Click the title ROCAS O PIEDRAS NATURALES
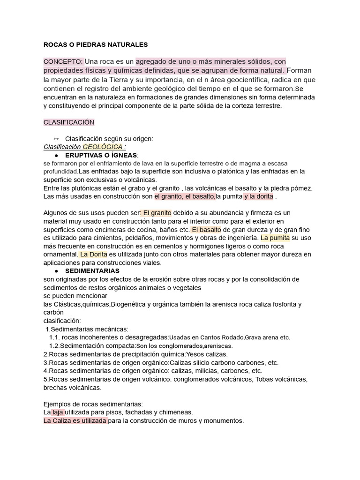95,45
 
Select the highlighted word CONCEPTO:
63,61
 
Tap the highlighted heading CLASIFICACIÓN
69,122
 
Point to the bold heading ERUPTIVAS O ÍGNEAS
101,155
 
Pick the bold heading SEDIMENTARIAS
92,270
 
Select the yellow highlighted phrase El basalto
206,230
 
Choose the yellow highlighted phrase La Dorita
94,254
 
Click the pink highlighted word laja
58,412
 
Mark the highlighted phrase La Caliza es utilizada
75,420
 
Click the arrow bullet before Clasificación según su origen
56,138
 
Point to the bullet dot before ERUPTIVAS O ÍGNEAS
56,155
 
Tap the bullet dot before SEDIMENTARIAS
56,271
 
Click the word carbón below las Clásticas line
53,312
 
